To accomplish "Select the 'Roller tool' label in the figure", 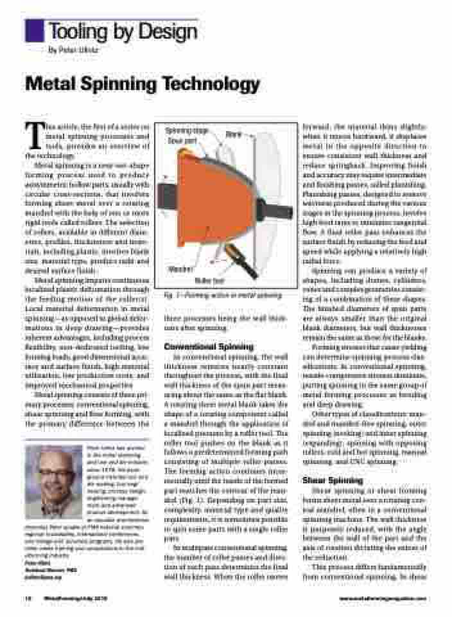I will (209, 280).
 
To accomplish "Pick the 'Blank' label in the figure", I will (233, 134).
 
